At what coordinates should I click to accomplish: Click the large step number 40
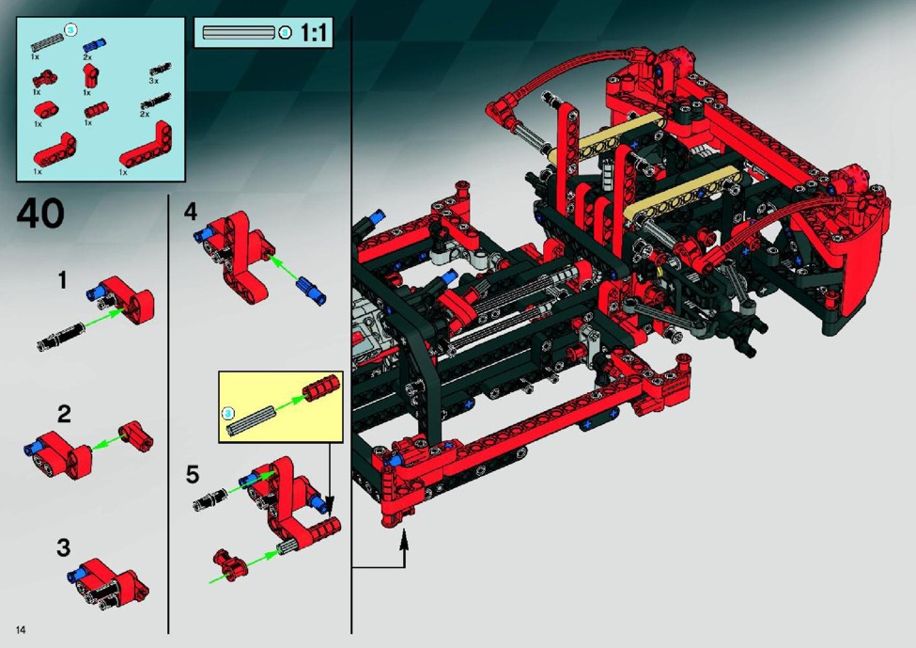click(x=40, y=213)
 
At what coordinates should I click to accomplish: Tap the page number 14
click(x=21, y=630)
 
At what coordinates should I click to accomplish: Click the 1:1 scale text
click(x=313, y=32)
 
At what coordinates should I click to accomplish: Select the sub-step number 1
click(x=63, y=280)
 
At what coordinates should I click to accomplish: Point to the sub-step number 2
click(x=64, y=414)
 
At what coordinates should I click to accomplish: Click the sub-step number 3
click(x=64, y=548)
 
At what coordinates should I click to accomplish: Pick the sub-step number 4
click(x=191, y=211)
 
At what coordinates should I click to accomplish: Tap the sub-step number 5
click(x=193, y=474)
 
